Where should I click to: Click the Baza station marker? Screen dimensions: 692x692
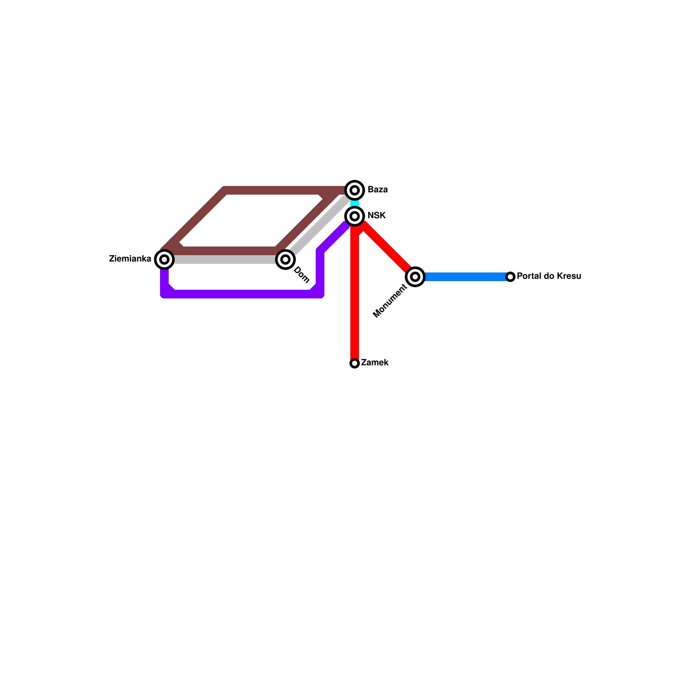click(x=355, y=190)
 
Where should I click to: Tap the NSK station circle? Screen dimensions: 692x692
click(x=355, y=216)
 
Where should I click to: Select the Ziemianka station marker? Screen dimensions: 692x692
click(x=164, y=259)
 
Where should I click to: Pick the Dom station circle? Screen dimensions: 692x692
click(x=285, y=259)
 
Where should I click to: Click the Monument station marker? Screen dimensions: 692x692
click(x=415, y=276)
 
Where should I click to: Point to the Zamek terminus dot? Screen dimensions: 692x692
click(x=355, y=363)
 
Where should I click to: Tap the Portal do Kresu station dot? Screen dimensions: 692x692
click(x=510, y=276)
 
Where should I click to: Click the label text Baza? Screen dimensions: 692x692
click(x=378, y=190)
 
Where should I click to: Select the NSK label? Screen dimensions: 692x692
click(x=376, y=215)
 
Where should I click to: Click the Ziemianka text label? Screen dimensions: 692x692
click(x=130, y=259)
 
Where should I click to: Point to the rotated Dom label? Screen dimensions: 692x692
click(x=301, y=275)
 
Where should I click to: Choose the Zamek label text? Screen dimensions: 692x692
click(x=375, y=362)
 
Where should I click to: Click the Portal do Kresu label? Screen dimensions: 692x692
click(x=548, y=276)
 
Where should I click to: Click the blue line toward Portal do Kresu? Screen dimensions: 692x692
click(x=463, y=276)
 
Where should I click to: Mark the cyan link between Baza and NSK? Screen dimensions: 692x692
click(x=355, y=203)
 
